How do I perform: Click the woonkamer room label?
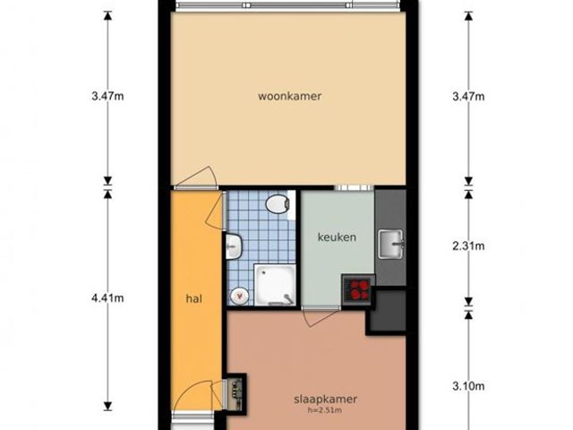[x=290, y=96]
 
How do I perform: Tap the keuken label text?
[x=337, y=237]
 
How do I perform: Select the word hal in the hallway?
[x=193, y=298]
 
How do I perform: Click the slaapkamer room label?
[x=325, y=400]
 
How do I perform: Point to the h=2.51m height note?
[x=325, y=410]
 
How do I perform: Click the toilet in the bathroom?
[x=278, y=203]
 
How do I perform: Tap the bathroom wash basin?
[x=233, y=246]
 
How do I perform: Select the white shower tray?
[x=275, y=285]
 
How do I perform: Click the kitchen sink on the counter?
[x=390, y=244]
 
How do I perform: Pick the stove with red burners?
[x=358, y=289]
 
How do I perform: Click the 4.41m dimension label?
[x=107, y=298]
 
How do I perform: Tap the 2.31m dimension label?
[x=468, y=246]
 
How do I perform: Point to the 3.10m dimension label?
[x=468, y=386]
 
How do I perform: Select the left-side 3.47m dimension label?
[x=107, y=97]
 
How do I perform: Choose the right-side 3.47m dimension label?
[x=468, y=97]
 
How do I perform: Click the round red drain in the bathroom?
[x=240, y=296]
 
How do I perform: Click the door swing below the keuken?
[x=321, y=317]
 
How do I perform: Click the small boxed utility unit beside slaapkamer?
[x=235, y=394]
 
